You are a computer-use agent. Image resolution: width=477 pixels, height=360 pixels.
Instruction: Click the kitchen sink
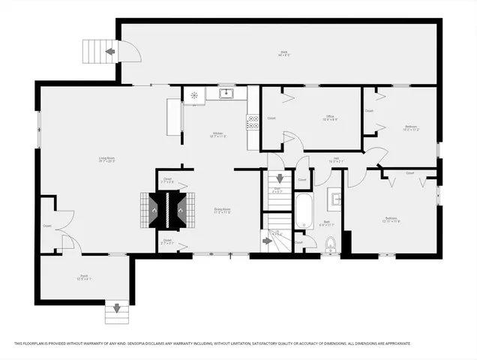pyautogui.click(x=226, y=93)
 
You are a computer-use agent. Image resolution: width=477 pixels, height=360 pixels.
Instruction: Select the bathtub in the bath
pyautogui.click(x=304, y=211)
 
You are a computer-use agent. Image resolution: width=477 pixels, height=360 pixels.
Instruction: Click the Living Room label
pyautogui.click(x=106, y=158)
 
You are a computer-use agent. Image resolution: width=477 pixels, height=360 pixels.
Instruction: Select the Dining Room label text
pyautogui.click(x=223, y=211)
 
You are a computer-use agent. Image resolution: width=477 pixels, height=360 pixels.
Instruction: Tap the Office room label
pyautogui.click(x=329, y=118)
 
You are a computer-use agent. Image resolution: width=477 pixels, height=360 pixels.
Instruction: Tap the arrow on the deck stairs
pyautogui.click(x=110, y=52)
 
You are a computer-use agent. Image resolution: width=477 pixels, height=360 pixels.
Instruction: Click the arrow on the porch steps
pyautogui.click(x=116, y=306)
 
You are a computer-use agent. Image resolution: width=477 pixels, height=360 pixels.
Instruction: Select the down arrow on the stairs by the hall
pyautogui.click(x=280, y=178)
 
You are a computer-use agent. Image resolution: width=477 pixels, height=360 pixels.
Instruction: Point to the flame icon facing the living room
pyautogui.click(x=154, y=210)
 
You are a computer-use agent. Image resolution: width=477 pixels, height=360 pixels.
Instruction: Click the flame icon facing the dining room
pyautogui.click(x=180, y=210)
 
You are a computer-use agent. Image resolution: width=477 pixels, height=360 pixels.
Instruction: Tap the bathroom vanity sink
pyautogui.click(x=337, y=199)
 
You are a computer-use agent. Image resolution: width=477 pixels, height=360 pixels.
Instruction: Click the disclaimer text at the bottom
pyautogui.click(x=212, y=343)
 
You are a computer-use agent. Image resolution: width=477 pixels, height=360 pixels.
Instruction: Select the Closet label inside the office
pyautogui.click(x=271, y=118)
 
